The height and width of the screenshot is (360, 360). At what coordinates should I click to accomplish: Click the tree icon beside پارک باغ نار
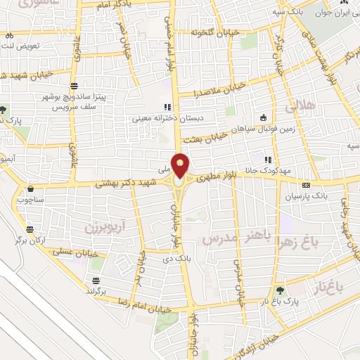coord(281,289)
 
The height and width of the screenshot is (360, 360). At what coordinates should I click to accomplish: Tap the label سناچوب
coord(31,200)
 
